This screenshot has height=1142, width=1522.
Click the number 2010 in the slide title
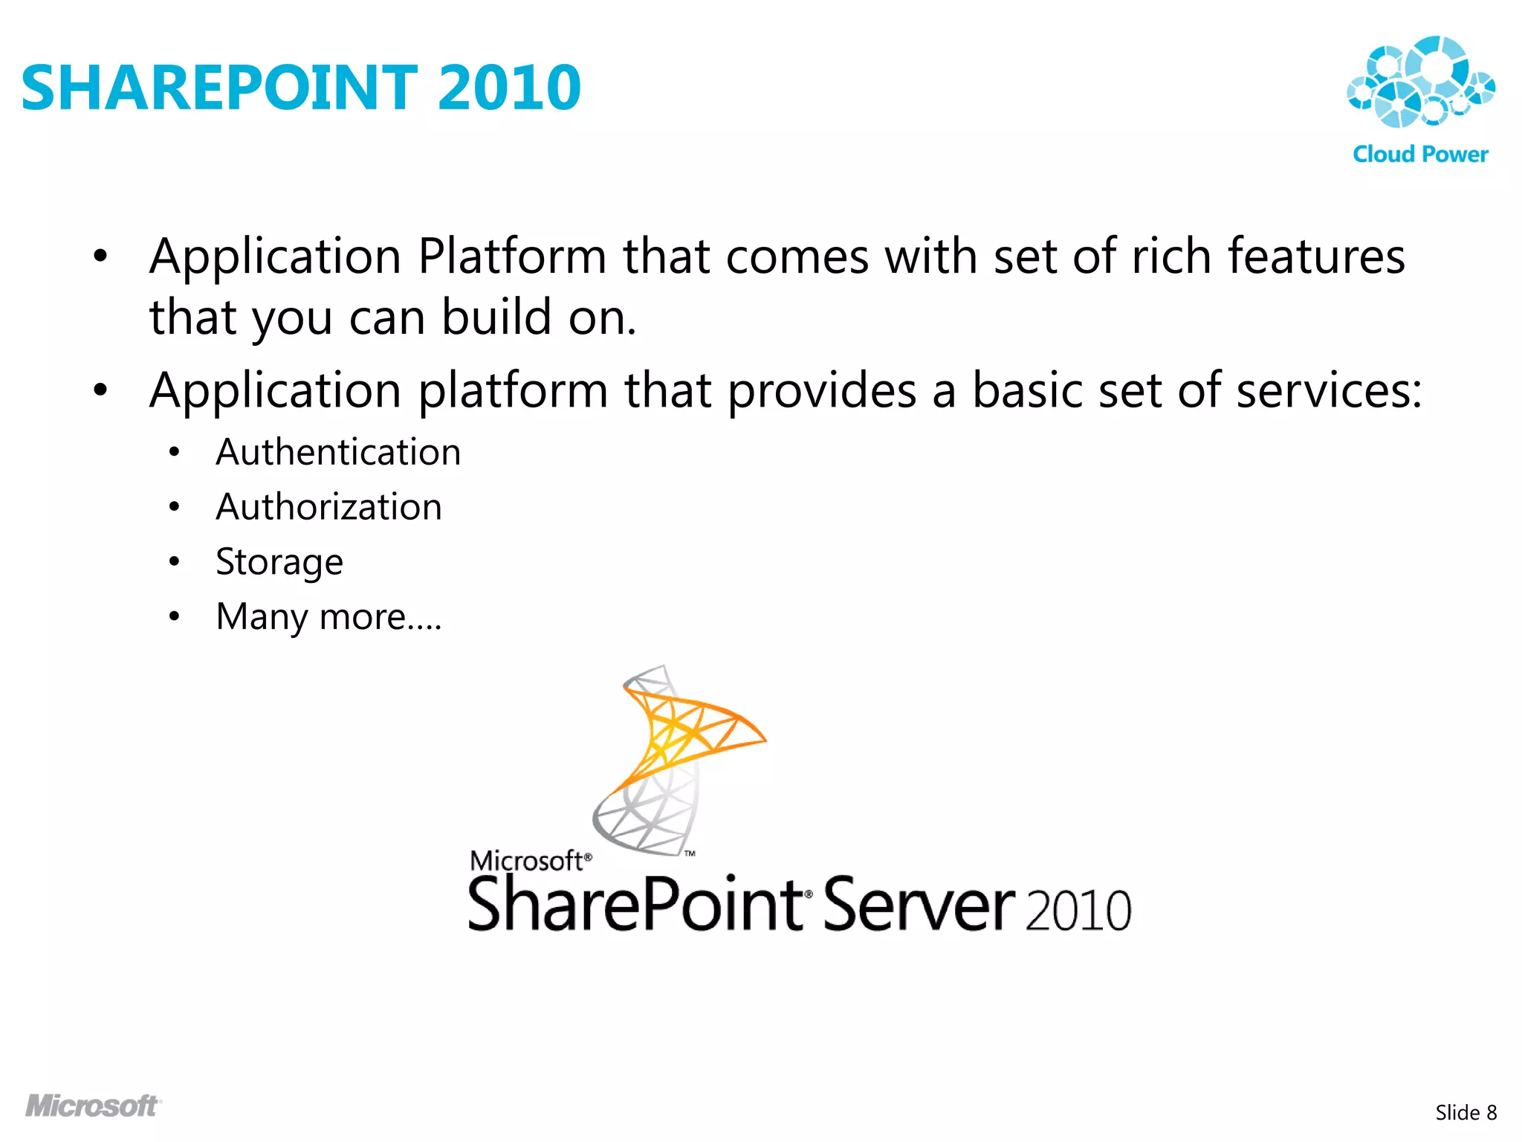[509, 88]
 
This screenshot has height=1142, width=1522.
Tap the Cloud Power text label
[1420, 154]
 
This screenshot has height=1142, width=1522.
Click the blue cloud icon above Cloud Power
[1419, 82]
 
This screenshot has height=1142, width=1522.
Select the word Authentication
[338, 452]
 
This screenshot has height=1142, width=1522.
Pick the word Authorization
[328, 507]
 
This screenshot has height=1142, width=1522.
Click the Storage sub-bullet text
[279, 562]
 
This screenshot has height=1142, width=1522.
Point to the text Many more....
[328, 617]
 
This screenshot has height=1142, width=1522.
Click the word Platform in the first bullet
[513, 257]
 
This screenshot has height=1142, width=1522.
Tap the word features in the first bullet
[1315, 257]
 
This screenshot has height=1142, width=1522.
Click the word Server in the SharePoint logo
[919, 905]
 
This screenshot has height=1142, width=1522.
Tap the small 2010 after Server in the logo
[1078, 910]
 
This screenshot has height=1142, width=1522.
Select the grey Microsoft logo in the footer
[93, 1106]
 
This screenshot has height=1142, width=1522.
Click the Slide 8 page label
[1466, 1113]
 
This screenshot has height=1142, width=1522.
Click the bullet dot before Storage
[174, 561]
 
